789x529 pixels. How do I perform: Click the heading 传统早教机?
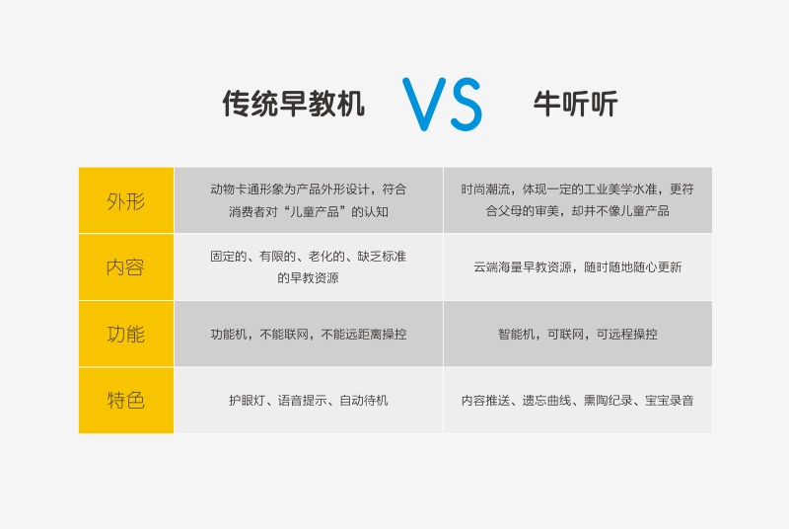tap(293, 104)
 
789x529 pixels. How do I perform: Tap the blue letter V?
tap(424, 105)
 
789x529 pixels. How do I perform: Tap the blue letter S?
tap(466, 105)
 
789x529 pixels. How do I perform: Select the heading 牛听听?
tap(575, 104)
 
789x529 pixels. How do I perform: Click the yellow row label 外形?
tap(126, 200)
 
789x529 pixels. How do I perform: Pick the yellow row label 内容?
tap(126, 267)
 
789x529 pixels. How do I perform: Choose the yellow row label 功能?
tap(126, 334)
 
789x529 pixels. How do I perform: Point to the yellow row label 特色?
tap(126, 400)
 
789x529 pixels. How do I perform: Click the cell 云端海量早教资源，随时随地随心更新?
tap(578, 267)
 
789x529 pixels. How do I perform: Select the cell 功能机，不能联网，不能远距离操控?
tap(309, 335)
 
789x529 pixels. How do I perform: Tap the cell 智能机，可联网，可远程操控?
tap(578, 335)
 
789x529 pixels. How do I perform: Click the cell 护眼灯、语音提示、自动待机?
tap(309, 401)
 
